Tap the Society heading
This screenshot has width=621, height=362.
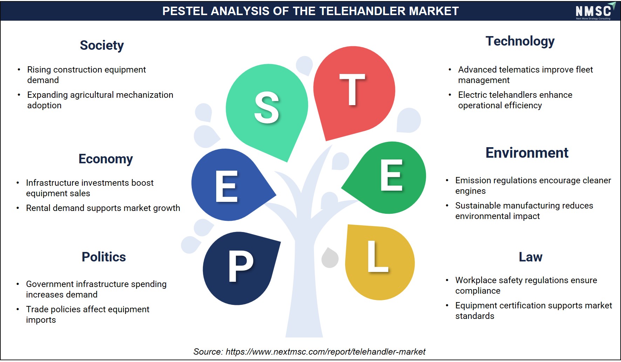[x=102, y=46]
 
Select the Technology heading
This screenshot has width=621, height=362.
[x=520, y=41]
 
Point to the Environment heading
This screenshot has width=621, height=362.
[x=527, y=153]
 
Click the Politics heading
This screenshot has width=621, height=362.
[x=104, y=257]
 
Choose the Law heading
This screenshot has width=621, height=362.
[x=531, y=257]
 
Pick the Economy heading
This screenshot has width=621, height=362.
[x=105, y=159]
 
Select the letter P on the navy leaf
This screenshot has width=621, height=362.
[x=241, y=266]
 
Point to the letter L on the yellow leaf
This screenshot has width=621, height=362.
[x=378, y=256]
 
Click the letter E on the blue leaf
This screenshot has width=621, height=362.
[x=227, y=186]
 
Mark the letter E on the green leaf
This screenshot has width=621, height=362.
[x=391, y=175]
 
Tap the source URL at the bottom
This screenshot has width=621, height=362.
[x=326, y=352]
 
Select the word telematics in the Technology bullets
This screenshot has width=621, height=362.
[x=519, y=70]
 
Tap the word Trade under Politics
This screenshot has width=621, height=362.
[x=36, y=309]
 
